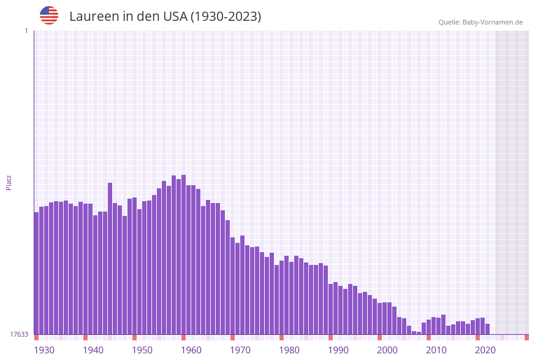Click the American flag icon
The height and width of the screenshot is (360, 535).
coord(49,15)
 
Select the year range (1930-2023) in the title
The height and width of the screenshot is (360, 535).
coord(226,17)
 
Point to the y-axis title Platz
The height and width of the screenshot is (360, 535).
coord(9,182)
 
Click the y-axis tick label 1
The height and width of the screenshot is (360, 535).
coord(26,31)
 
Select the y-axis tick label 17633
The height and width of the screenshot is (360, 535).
coord(18,334)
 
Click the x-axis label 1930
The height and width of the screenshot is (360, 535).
coord(44,350)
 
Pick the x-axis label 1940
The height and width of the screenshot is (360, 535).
coord(93,350)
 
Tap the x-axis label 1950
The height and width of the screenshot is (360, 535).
coord(142,350)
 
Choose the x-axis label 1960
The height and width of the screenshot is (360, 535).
coord(191,350)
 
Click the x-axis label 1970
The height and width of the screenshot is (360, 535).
coord(240,350)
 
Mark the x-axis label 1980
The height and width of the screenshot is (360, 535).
coord(289,350)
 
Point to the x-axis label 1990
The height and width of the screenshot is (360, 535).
coord(338,350)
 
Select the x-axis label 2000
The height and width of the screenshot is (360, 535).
coord(387,350)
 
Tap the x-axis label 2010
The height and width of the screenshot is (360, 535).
coord(436,350)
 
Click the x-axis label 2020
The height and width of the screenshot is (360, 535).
coord(485,350)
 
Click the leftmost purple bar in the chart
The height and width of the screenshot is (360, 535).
coord(36,273)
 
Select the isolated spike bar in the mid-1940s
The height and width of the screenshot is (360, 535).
coord(110,258)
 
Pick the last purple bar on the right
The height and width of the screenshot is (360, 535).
coord(487,329)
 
